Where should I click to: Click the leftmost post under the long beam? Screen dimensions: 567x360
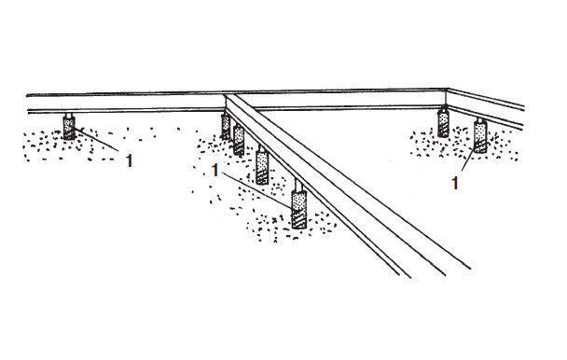(x=69, y=128)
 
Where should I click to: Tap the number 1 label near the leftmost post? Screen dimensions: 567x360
(x=129, y=160)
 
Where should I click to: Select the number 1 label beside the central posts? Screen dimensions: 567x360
(x=215, y=171)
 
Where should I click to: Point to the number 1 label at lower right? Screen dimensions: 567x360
(x=455, y=183)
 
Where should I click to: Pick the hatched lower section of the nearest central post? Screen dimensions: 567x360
(x=298, y=219)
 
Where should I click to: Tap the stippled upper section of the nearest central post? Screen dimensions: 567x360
(x=298, y=200)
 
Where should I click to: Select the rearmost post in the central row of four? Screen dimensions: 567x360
(x=226, y=126)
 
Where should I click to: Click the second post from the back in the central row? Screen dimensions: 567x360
(x=239, y=139)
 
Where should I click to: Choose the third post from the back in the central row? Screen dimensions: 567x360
(x=262, y=167)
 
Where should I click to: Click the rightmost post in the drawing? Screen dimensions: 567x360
(x=480, y=137)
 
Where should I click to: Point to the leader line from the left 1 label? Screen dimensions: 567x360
(x=97, y=139)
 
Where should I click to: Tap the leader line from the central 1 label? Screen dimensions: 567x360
(x=257, y=190)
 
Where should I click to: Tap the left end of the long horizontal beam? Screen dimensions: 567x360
(x=28, y=104)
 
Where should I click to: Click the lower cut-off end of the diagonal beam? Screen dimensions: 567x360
(x=434, y=274)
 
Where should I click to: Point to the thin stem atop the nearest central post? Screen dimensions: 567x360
(x=298, y=186)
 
